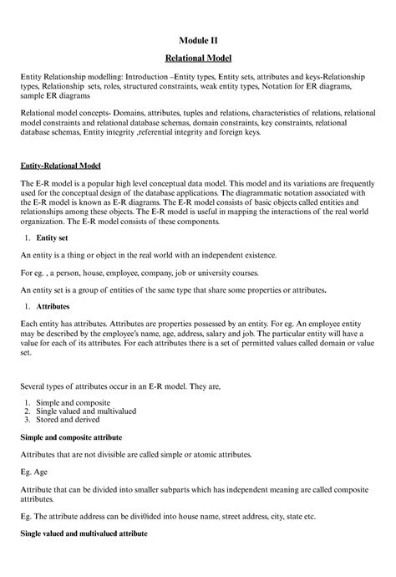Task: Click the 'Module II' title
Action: click(x=198, y=39)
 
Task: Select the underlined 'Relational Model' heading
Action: click(x=198, y=58)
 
